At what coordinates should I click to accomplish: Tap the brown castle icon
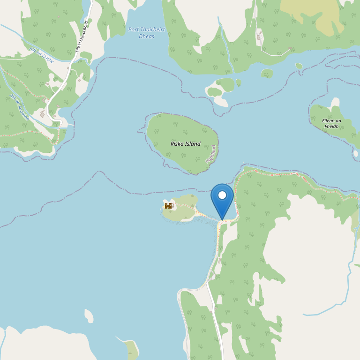tap(168, 206)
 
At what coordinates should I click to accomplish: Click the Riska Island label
tap(185, 144)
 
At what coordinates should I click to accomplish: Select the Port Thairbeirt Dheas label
tap(146, 33)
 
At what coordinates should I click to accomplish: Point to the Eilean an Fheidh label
tap(331, 123)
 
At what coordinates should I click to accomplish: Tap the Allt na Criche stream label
tap(41, 55)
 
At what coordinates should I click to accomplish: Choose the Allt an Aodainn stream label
tap(19, 107)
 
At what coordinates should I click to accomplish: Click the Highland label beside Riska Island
tap(211, 153)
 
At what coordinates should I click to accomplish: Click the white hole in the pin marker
tap(222, 195)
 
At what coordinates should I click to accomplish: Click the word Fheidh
tap(331, 127)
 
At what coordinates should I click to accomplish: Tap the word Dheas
tap(146, 37)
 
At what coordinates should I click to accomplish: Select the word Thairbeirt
tap(152, 30)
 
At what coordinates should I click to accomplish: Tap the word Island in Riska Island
tap(193, 144)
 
